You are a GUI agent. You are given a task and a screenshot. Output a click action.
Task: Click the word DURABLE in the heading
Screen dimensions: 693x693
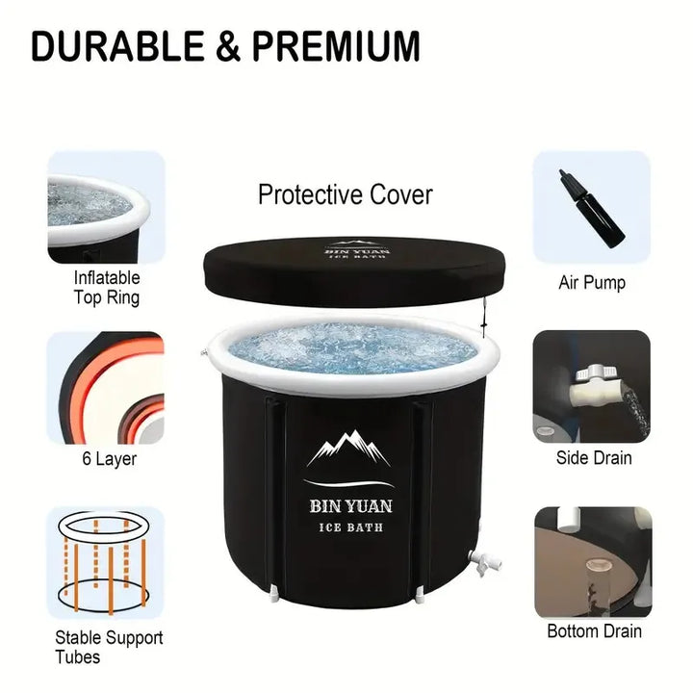coord(117,46)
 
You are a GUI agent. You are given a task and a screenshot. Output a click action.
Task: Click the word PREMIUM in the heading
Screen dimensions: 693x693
coord(336,46)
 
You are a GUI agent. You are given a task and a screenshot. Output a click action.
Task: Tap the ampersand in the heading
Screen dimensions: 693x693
coord(228,46)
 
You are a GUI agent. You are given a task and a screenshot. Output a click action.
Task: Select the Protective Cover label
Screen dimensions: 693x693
coord(346,194)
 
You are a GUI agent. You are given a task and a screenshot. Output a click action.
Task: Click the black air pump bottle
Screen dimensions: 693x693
coord(591,208)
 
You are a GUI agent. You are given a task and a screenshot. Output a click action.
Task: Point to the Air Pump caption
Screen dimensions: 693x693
coord(592,283)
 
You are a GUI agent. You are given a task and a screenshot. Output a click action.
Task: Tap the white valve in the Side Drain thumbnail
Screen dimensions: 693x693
coord(590,385)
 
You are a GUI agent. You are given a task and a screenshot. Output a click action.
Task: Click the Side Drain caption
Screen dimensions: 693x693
coord(594,458)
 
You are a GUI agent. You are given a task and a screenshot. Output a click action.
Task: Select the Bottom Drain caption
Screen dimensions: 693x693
coord(594,631)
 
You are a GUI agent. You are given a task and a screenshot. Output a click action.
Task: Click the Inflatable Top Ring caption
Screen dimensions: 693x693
coord(107,288)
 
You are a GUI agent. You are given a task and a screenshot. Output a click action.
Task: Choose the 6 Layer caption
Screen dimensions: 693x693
coord(109,459)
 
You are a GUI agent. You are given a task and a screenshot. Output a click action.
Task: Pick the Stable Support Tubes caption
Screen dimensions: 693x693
coord(109,647)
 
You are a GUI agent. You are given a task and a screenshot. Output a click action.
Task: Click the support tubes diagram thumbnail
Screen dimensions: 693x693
coord(105,563)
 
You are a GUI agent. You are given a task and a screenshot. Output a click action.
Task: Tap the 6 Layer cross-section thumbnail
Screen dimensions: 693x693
coord(105,388)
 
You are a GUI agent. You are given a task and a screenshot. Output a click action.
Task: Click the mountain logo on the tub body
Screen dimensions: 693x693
coord(348,449)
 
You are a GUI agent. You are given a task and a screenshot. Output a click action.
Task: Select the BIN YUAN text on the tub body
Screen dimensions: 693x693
coord(351,506)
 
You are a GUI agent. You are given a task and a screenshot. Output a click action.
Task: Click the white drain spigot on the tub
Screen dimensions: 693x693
coord(483,562)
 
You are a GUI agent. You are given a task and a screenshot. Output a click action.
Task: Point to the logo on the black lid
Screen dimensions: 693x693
coord(357,249)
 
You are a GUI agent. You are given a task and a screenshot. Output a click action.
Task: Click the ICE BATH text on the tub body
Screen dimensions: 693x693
coord(351,527)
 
